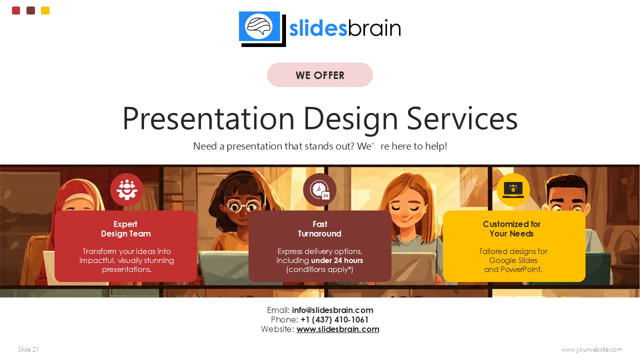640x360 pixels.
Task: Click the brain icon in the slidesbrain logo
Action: coord(259,26)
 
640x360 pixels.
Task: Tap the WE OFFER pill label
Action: coord(320,75)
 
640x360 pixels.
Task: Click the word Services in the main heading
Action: coord(461,119)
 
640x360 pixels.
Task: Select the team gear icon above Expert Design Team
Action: coord(126,190)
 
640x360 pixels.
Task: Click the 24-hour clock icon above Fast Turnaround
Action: coord(319,190)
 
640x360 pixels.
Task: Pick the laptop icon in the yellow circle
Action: coord(513,189)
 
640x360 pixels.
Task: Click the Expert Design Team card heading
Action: coord(125,229)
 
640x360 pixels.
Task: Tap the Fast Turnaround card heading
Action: coord(319,229)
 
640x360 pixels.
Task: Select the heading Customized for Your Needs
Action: coord(511,229)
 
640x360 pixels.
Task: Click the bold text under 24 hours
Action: coord(337,260)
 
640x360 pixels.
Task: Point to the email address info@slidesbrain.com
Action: coord(332,310)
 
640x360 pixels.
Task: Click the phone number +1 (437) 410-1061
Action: coord(334,319)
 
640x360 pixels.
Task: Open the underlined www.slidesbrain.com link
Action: coord(337,329)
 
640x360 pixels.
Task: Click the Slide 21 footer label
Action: coord(28,349)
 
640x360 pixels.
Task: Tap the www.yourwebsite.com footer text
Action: coord(591,349)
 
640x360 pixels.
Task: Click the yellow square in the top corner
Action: coord(45,10)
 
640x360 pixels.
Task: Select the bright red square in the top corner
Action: coord(16,10)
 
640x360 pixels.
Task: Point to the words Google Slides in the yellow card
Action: coord(513,260)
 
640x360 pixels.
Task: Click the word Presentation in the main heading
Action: coord(208,119)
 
